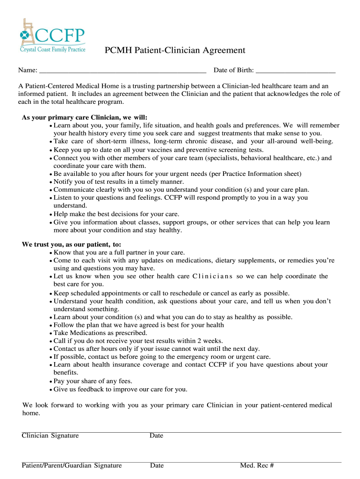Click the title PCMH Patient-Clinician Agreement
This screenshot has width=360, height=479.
(x=174, y=51)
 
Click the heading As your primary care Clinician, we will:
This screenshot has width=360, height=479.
(x=88, y=118)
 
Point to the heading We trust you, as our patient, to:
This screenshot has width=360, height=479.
(x=72, y=244)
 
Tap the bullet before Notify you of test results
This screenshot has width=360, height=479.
(x=50, y=182)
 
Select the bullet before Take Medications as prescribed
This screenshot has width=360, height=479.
(x=50, y=333)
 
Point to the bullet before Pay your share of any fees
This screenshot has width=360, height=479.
(x=50, y=381)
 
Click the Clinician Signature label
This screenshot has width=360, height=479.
(x=50, y=436)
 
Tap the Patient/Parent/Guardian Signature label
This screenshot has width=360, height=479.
(x=72, y=465)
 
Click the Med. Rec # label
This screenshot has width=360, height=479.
(x=257, y=465)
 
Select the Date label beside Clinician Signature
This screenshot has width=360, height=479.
(x=156, y=436)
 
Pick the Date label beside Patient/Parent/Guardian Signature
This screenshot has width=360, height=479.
(x=157, y=465)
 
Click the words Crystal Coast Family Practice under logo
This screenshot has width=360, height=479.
(x=52, y=49)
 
